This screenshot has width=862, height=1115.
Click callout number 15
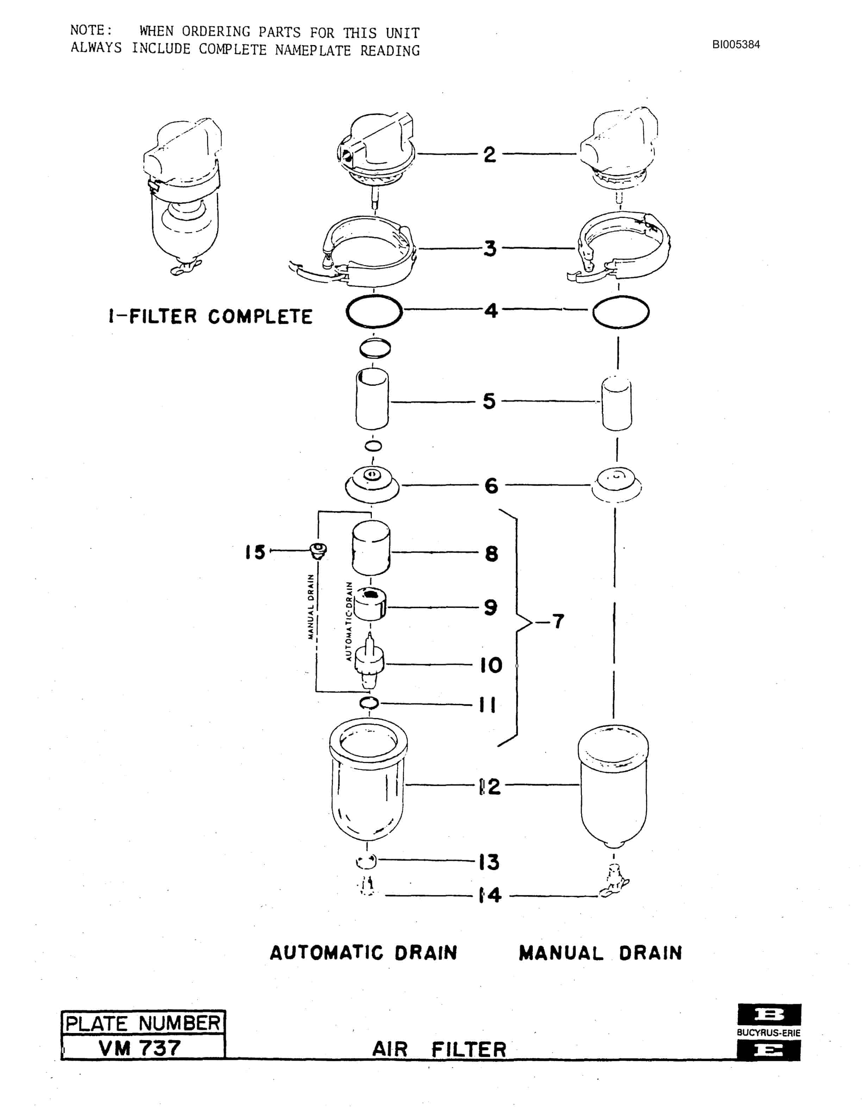255,552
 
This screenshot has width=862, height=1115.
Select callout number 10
491,665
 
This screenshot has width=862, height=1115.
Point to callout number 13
489,862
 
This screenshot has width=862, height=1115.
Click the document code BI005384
736,44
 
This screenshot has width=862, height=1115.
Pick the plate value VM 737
139,1048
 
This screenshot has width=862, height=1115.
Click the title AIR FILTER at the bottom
439,1050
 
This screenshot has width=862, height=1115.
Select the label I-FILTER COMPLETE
210,316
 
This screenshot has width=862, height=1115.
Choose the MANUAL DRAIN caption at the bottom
600,953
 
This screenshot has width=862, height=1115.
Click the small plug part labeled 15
319,551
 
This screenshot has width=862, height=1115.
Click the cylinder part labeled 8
371,547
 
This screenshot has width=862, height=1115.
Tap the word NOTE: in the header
91,30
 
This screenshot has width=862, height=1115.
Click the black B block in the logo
769,1014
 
